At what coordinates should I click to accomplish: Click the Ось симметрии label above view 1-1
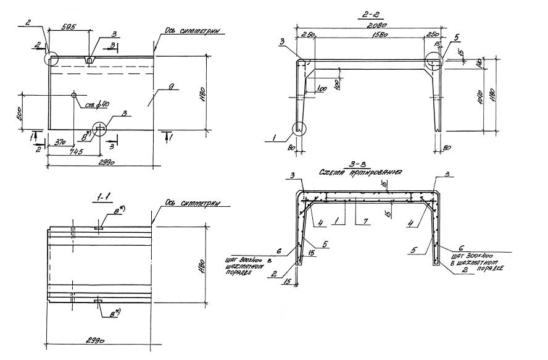[x=193, y=203]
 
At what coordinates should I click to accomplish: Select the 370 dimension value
[x=61, y=141]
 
